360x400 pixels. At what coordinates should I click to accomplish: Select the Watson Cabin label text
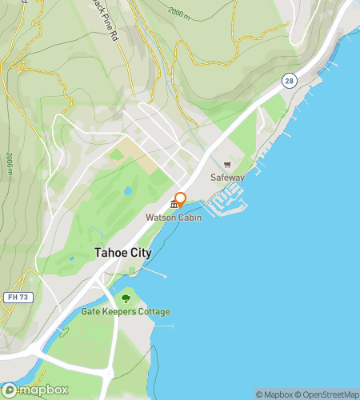pos(174,218)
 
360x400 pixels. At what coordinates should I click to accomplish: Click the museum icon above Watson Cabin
pos(174,206)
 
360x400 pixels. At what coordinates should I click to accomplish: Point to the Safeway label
pos(227,178)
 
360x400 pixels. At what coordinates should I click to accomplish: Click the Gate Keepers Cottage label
pos(126,312)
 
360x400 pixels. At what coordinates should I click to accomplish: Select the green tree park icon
pos(126,299)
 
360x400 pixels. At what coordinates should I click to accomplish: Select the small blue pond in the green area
pos(127,192)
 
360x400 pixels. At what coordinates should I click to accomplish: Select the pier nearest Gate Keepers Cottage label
pos(161,326)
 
